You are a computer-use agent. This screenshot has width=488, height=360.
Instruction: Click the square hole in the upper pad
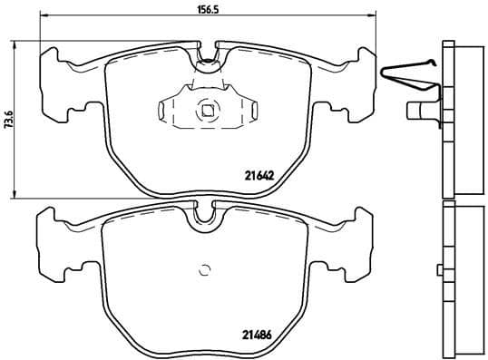click(x=208, y=112)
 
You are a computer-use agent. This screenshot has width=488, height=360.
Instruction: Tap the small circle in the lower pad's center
click(x=205, y=268)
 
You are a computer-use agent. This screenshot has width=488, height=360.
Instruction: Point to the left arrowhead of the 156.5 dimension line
click(x=45, y=17)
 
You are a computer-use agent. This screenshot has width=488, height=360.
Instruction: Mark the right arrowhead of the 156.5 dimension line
click(x=372, y=17)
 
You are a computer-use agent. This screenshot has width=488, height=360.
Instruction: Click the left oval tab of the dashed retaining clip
click(x=164, y=112)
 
